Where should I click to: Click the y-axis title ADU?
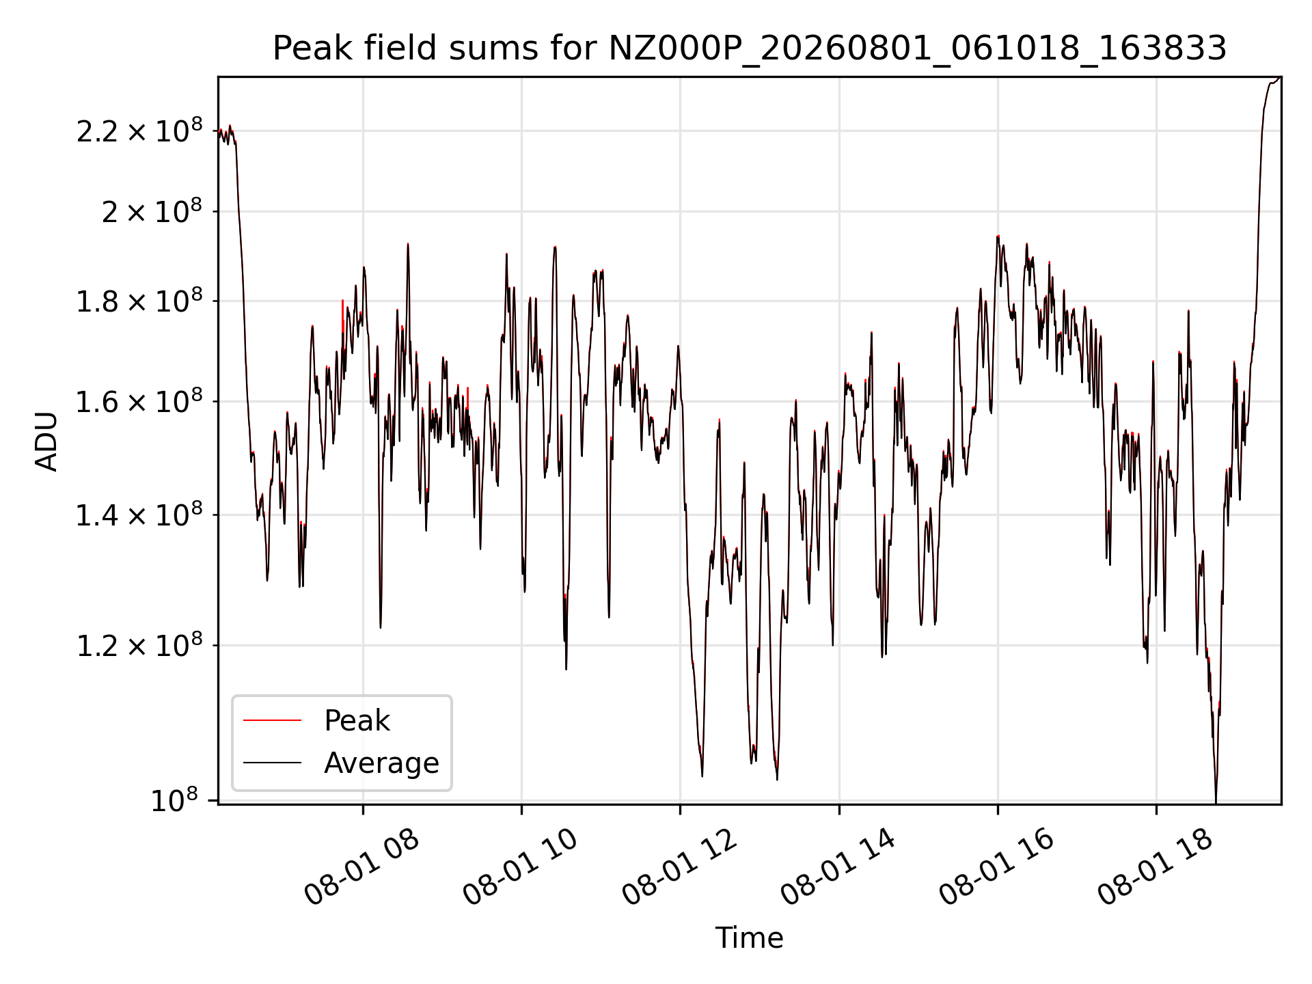(46, 441)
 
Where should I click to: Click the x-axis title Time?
(749, 938)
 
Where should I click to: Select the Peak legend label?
(357, 721)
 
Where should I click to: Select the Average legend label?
(381, 763)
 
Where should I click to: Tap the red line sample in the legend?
(272, 720)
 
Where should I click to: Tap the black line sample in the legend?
(272, 763)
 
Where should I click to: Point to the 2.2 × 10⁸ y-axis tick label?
(139, 131)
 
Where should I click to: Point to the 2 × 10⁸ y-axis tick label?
(152, 212)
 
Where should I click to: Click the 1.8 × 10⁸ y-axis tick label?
(139, 301)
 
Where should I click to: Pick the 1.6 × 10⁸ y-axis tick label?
(139, 402)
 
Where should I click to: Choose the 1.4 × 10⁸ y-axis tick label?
(139, 515)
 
